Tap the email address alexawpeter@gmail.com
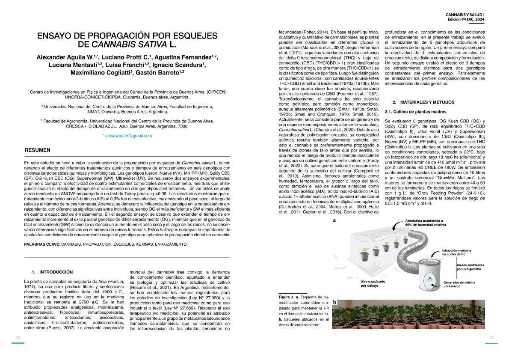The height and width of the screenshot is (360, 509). coord(127,136)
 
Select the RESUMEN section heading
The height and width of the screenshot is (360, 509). coord(37,150)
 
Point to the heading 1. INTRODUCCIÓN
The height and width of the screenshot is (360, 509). coord(53,272)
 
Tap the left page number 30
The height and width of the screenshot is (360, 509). coord(18,338)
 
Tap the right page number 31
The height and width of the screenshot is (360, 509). coord(491,338)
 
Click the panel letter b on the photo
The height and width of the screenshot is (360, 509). coord(335,303)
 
